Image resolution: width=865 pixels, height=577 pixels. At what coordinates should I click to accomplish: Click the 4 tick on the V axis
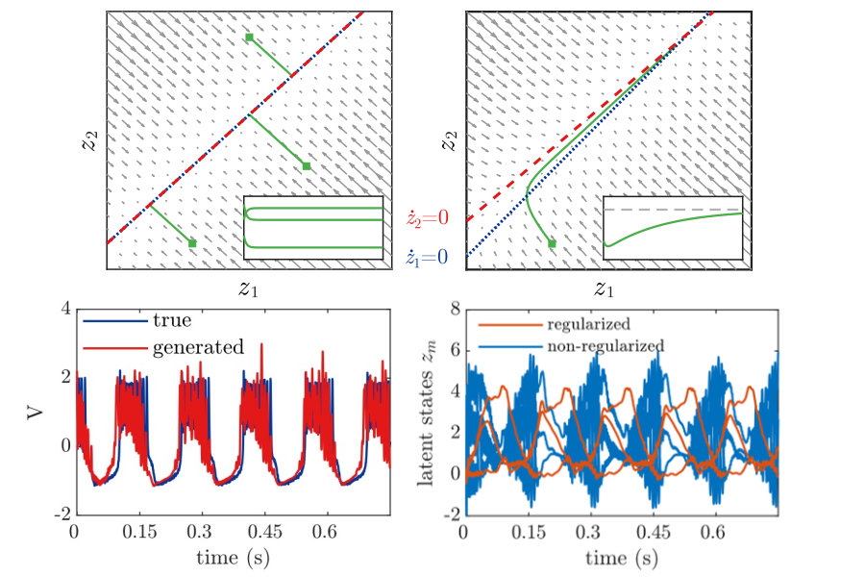click(x=64, y=309)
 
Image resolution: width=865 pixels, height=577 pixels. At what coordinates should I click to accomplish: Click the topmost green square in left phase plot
click(x=249, y=38)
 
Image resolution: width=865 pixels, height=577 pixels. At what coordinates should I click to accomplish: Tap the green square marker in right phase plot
click(x=552, y=244)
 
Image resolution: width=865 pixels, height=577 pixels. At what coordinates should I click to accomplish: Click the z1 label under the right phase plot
click(x=604, y=288)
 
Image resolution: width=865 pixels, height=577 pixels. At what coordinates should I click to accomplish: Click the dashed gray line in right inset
click(x=673, y=210)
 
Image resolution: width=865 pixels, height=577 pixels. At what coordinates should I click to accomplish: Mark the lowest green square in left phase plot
click(x=192, y=243)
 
